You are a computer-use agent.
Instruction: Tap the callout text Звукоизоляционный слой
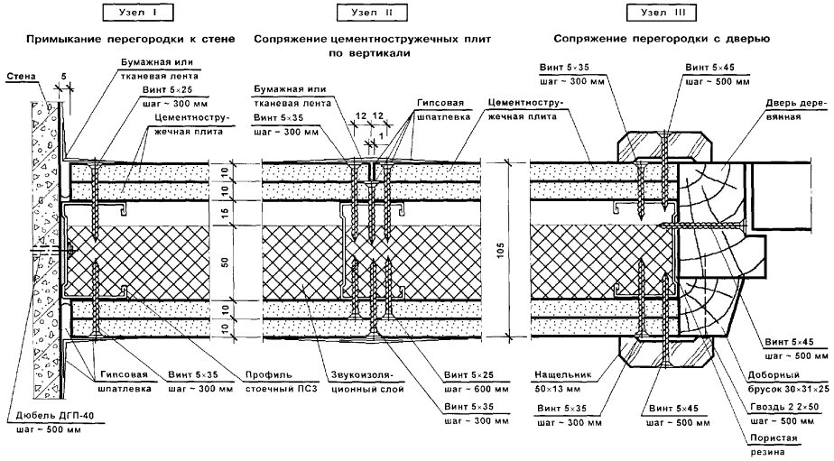tap(355, 383)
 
